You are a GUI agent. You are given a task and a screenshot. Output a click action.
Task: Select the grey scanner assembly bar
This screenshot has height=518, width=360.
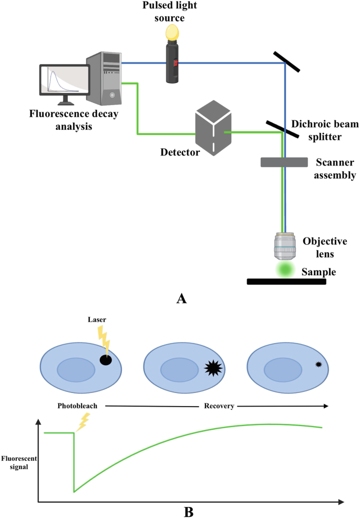click(284, 162)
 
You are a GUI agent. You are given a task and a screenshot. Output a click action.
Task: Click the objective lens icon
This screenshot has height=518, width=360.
click(285, 246)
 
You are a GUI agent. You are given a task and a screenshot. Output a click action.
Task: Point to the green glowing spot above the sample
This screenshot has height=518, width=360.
click(285, 270)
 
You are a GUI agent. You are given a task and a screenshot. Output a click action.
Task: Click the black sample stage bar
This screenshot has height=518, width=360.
click(286, 282)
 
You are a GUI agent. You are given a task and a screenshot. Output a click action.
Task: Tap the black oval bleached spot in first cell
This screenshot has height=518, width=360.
click(106, 360)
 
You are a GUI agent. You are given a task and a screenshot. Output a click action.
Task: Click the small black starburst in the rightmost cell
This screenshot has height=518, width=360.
click(318, 365)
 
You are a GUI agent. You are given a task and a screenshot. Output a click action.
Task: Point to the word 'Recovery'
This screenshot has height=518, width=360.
click(219, 406)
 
